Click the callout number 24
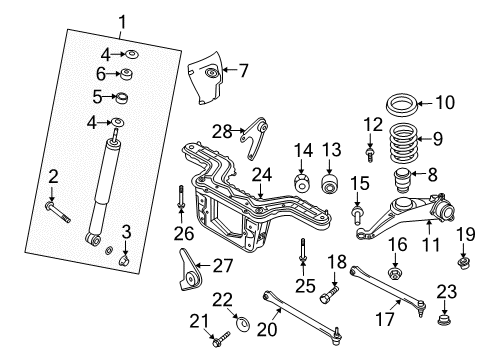click(262, 175)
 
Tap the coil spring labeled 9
click(403, 143)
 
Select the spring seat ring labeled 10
click(401, 105)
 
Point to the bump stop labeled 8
click(402, 182)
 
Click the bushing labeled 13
click(330, 183)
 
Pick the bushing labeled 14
click(302, 183)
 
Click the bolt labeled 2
click(58, 212)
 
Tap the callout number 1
click(122, 23)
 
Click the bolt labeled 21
click(220, 339)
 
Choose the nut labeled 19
click(464, 263)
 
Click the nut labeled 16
click(395, 273)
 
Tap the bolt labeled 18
click(329, 293)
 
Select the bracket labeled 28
click(256, 138)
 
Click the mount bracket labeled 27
click(190, 271)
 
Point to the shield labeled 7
click(205, 78)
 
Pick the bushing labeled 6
click(127, 74)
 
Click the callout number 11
click(431, 244)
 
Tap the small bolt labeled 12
click(369, 155)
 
